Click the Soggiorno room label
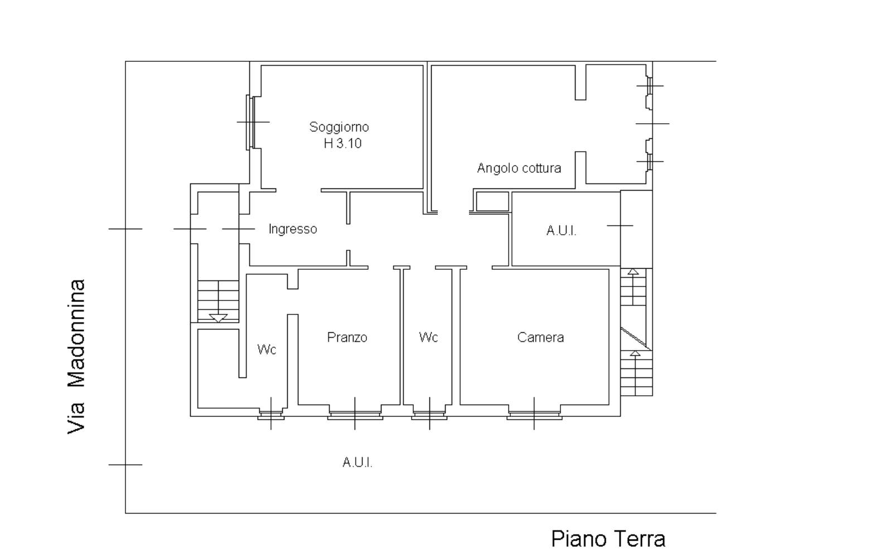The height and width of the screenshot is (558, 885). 339,127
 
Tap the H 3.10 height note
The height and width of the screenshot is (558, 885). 342,143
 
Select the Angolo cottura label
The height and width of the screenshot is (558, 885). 519,168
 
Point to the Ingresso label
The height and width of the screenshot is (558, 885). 293,229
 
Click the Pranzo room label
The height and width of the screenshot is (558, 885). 347,337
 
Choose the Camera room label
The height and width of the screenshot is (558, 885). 540,337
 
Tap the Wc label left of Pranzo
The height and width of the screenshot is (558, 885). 267,350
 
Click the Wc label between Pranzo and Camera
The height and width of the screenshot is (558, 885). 428,337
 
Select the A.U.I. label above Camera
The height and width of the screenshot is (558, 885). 561,231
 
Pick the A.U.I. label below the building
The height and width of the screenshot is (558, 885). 357,462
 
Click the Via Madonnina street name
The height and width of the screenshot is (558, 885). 76,357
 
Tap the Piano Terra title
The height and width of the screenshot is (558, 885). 608,539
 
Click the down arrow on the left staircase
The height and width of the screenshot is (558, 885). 218,318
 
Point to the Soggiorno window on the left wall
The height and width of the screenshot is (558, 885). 250,122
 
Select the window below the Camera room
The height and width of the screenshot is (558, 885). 534,415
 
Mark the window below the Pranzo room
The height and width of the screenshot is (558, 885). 355,415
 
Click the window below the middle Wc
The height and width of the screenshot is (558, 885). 429,415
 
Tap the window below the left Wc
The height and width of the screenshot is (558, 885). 271,415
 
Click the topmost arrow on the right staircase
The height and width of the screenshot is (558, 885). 633,272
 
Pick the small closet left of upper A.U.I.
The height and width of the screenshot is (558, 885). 491,201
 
